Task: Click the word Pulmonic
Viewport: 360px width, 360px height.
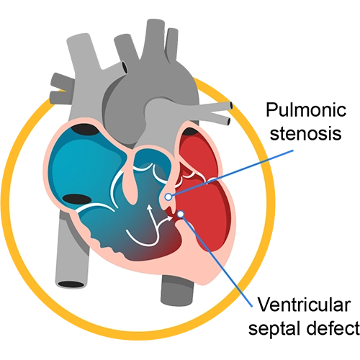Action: click(306, 110)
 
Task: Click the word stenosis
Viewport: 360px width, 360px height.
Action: click(305, 133)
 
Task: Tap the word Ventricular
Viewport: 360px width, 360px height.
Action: click(304, 305)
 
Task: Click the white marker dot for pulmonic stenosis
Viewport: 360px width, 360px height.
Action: click(168, 197)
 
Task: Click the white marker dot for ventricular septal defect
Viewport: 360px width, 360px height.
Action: click(181, 214)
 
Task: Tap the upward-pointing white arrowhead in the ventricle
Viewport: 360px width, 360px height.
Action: click(149, 208)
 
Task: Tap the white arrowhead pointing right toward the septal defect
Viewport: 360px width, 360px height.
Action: click(170, 218)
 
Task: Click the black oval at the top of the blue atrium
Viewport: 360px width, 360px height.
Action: click(84, 130)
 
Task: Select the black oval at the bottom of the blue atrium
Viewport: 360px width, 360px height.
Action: click(77, 199)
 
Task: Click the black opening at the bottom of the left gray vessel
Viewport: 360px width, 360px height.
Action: click(71, 284)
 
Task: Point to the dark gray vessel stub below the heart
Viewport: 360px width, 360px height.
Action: click(177, 290)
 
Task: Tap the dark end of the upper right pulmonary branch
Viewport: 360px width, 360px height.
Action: click(231, 105)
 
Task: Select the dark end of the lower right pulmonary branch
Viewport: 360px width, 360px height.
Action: click(229, 121)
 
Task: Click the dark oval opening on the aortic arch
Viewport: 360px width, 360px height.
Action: click(124, 67)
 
